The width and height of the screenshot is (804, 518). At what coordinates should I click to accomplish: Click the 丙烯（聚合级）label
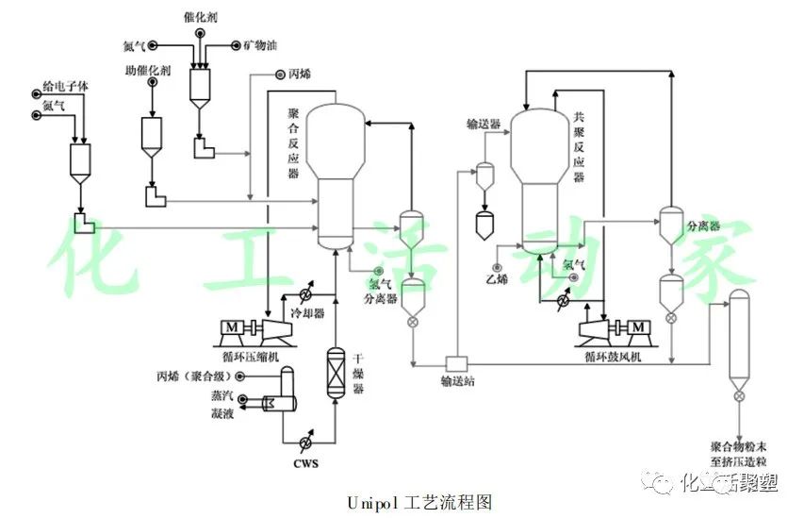[x=196, y=376]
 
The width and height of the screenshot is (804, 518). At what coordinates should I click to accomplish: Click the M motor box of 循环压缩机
[x=231, y=327]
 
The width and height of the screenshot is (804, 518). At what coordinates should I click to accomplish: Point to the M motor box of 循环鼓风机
[x=638, y=327]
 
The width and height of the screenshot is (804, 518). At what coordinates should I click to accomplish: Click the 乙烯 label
[x=497, y=278]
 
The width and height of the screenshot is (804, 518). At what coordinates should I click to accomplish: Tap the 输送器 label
[x=482, y=124]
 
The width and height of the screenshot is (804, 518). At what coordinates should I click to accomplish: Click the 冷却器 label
[x=307, y=312]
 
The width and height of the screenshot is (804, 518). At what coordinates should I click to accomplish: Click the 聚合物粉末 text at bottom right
[x=742, y=443]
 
